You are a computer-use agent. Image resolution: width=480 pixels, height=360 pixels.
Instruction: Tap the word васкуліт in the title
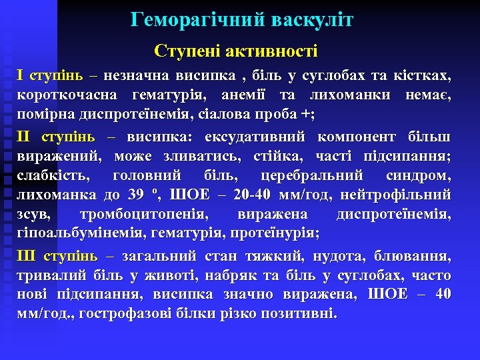coord(312,20)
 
